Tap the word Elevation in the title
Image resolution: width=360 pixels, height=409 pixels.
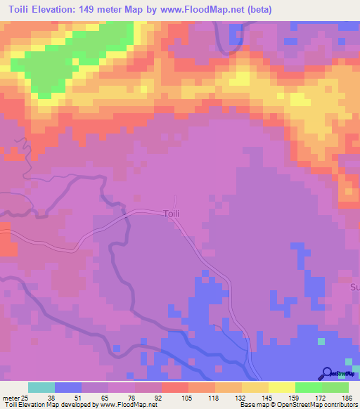pos(63,10)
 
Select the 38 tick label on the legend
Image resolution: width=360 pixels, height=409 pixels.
pos(51,397)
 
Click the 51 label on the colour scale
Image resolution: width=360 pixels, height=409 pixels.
pos(78,397)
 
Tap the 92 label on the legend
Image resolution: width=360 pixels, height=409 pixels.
pos(159,397)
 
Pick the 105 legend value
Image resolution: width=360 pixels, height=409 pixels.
pos(186,397)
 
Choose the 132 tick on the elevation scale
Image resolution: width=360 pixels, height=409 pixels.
pos(240,397)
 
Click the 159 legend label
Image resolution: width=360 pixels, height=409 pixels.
pos(294,397)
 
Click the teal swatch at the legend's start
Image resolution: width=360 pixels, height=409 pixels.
pos(41,387)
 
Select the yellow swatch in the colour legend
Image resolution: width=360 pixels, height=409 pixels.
pos(283,387)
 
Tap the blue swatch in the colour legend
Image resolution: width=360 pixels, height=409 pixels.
pos(68,387)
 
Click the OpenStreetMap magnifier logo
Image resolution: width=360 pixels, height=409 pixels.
pos(328,373)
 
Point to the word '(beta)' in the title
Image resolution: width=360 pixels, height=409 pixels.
pos(257,10)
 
